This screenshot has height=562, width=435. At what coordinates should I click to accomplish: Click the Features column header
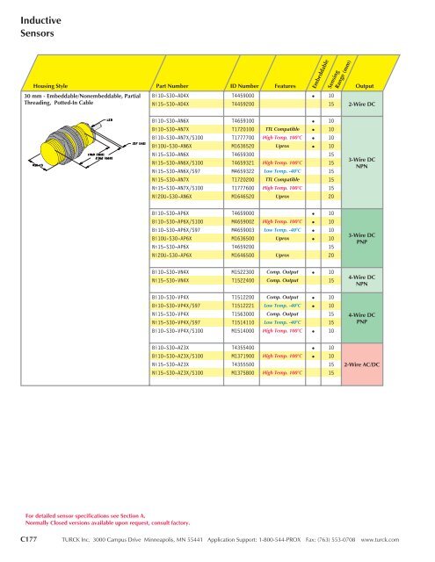[283, 86]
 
